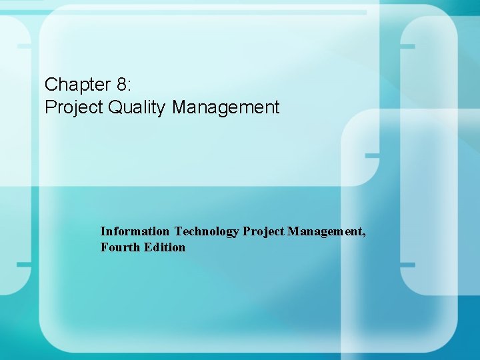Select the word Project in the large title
[x=72, y=107]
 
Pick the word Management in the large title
[x=226, y=107]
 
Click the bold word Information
[x=135, y=231]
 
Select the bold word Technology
[x=207, y=231]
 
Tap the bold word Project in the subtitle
[x=263, y=231]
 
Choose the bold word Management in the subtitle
[x=326, y=231]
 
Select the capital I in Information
[x=103, y=231]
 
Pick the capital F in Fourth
[x=104, y=247]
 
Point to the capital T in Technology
[x=178, y=231]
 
